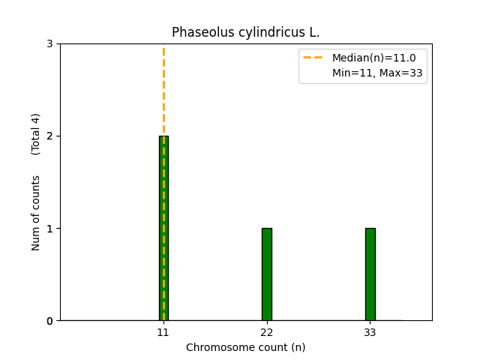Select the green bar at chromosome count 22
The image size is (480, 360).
pos(266,274)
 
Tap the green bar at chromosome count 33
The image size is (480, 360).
pos(370,274)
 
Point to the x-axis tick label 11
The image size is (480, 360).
pos(163,332)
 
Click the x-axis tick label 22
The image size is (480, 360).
pos(266,332)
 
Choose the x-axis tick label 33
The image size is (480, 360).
pos(370,332)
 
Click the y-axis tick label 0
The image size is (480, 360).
pos(49,321)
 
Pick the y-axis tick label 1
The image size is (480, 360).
pos(49,229)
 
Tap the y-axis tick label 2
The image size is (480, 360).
pos(49,136)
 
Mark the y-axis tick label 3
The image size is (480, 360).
pos(49,44)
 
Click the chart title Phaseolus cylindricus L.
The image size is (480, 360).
pos(245,32)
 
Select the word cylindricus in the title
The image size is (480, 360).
pos(268,32)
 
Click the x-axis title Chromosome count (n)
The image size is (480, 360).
pos(245,347)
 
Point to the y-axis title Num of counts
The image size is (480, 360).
pos(36,213)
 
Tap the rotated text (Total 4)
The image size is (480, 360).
pos(36,134)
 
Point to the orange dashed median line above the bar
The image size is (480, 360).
pos(163,90)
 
